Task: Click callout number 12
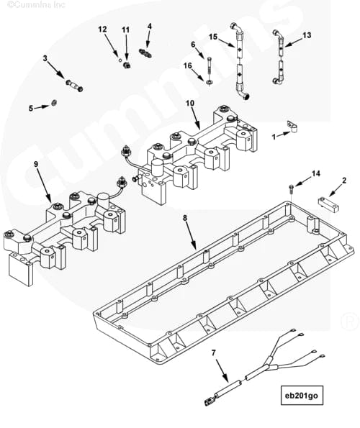tap(102, 29)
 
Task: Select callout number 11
tap(126, 29)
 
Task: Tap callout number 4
tap(149, 27)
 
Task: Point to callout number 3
tap(45, 58)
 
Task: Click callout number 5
tap(31, 108)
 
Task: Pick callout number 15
tap(213, 36)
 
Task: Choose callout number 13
tap(307, 35)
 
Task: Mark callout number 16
tap(188, 65)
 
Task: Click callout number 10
tap(190, 104)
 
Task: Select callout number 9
tap(35, 165)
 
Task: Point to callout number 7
tap(213, 352)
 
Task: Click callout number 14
tap(315, 173)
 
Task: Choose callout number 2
tap(344, 181)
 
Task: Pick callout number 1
tap(274, 135)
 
